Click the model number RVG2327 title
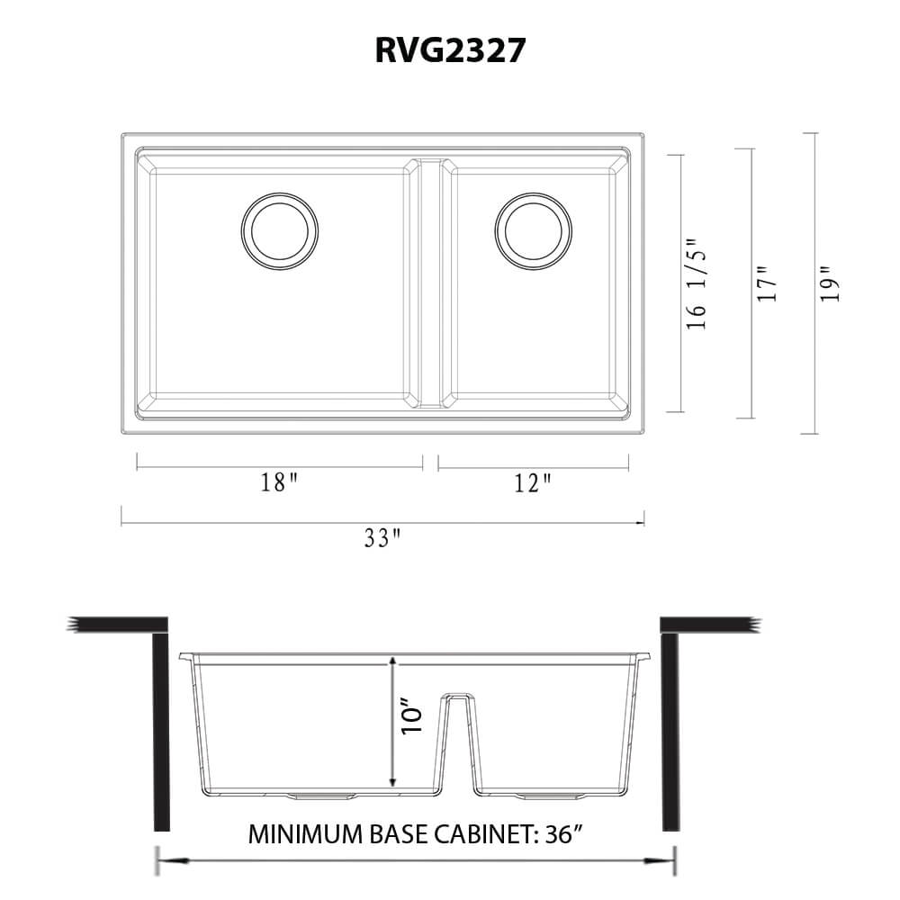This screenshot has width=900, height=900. tap(450, 51)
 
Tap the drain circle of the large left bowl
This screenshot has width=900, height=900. tap(279, 230)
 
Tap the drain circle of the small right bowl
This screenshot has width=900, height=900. tap(534, 230)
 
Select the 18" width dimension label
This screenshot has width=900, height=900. tap(279, 483)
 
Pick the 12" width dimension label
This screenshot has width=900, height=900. tap(533, 483)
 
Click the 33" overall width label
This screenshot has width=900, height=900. tap(382, 538)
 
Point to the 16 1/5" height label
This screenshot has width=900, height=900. tap(697, 283)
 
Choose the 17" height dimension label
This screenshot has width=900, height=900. tap(766, 283)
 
